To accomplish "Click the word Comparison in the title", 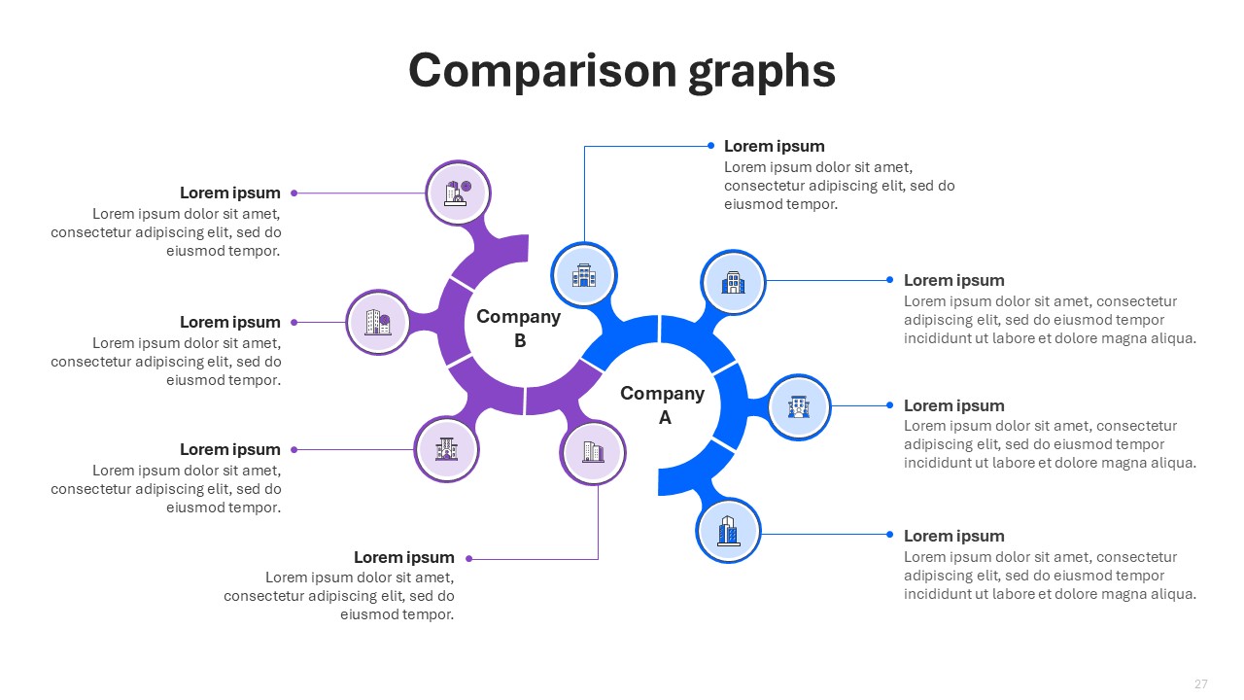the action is tap(542, 72).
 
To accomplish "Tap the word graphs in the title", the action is tap(762, 72).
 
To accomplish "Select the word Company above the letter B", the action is tap(519, 317).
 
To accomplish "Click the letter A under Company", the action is tap(665, 417).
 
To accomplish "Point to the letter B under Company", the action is tap(520, 340).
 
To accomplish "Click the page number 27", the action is tap(1200, 683).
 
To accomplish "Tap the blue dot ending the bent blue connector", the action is tap(710, 146).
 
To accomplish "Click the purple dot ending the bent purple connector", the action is tap(469, 559).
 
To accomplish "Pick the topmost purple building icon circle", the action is tap(458, 192).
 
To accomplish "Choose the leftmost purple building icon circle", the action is tap(378, 322).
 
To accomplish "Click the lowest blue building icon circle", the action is tap(728, 531).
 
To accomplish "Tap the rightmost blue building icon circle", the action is tap(799, 407).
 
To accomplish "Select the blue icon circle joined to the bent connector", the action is tap(584, 275).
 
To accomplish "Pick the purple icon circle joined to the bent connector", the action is tap(593, 452).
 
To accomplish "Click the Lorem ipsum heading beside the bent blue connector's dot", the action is tap(775, 147).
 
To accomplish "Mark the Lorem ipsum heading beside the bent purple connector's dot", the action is tap(403, 557).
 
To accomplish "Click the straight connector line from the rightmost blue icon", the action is tap(860, 406).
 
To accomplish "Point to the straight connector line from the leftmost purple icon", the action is tap(320, 322).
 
